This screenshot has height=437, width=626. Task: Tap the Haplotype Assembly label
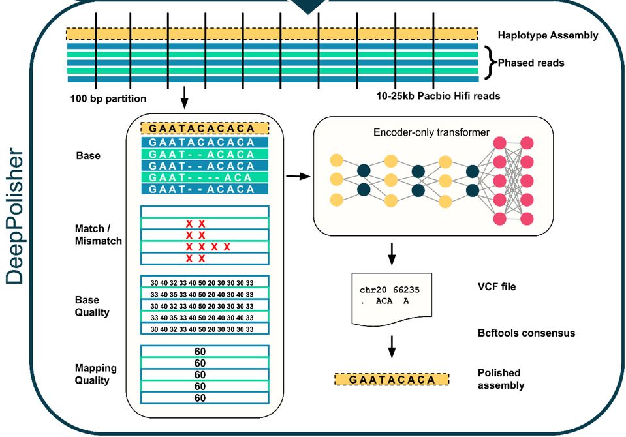[547, 35]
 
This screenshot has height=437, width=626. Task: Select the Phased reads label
[531, 63]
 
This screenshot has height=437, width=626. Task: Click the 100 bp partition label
[108, 99]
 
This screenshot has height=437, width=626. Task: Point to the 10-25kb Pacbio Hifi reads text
[438, 96]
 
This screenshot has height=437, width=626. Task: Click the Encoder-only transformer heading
[431, 132]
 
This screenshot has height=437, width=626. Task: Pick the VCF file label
[497, 286]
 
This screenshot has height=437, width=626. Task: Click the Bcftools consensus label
[526, 333]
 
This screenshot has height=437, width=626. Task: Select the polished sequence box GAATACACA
[391, 380]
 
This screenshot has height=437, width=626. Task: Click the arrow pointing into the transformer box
[298, 176]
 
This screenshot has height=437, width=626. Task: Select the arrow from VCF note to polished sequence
[392, 347]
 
